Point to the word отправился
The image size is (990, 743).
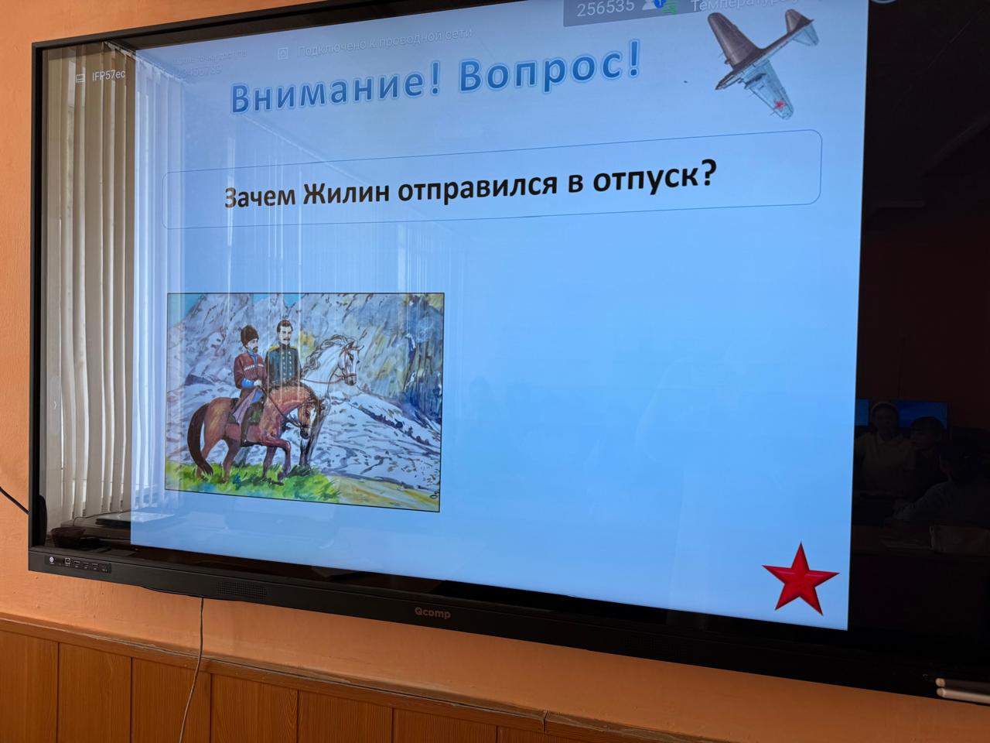pyautogui.click(x=480, y=186)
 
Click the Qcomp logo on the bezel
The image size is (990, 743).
pyautogui.click(x=430, y=614)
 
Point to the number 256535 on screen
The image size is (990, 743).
pyautogui.click(x=606, y=7)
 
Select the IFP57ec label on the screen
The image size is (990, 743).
pyautogui.click(x=108, y=76)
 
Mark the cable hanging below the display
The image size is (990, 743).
pyautogui.click(x=200, y=642)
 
